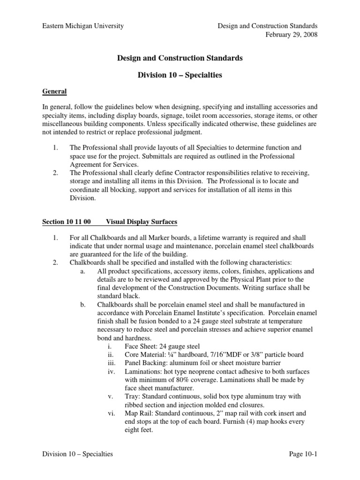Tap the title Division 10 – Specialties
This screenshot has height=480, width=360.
pyautogui.click(x=180, y=75)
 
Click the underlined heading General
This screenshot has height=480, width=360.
pyautogui.click(x=55, y=91)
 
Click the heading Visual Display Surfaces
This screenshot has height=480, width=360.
pyautogui.click(x=142, y=221)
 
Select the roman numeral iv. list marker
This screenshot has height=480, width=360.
pyautogui.click(x=111, y=371)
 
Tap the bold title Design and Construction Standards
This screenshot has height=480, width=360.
pyautogui.click(x=180, y=58)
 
